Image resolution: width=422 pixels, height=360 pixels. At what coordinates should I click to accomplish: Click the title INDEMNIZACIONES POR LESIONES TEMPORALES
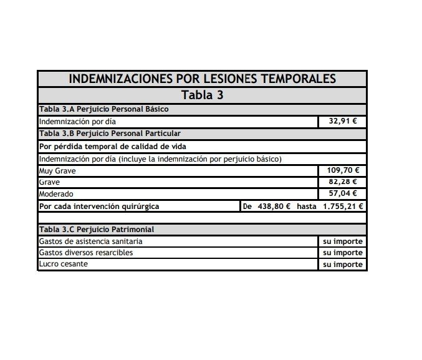[x=202, y=79]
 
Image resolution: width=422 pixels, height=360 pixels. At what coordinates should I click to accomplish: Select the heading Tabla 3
[x=202, y=95]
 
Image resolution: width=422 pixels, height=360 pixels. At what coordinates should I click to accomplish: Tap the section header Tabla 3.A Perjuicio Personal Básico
[x=103, y=109]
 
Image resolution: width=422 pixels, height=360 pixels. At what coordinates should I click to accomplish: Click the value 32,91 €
[x=342, y=121]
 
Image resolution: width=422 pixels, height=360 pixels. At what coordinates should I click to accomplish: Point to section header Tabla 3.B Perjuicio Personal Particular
[x=110, y=133]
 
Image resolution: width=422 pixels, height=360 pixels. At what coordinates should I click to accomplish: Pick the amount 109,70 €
[x=342, y=170]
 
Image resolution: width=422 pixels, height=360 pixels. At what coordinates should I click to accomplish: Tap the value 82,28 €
[x=342, y=182]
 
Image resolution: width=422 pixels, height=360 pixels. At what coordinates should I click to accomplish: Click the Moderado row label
[x=56, y=194]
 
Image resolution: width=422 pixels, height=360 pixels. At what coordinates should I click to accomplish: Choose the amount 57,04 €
[x=342, y=194]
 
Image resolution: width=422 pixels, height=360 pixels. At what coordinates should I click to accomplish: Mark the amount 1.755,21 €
[x=343, y=206]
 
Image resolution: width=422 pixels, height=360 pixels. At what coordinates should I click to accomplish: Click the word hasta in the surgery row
[x=307, y=206]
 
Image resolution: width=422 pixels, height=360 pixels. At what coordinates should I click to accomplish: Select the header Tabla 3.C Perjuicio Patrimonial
[x=97, y=230]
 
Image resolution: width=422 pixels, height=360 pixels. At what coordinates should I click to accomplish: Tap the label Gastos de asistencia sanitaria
[x=90, y=241]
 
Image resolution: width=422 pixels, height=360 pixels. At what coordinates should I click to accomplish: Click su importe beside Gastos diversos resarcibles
[x=342, y=253]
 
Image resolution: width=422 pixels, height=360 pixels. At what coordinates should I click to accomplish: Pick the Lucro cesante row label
[x=63, y=264]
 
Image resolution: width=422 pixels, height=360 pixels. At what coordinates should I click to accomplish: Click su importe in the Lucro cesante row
[x=342, y=264]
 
